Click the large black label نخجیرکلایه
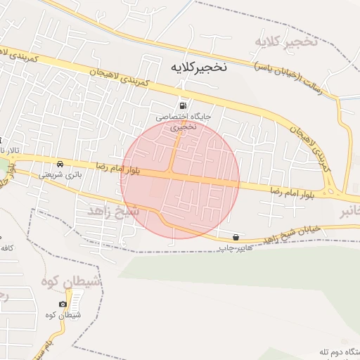pyautogui.click(x=199, y=67)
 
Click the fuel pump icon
pyautogui.click(x=184, y=105)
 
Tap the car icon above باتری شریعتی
pyautogui.click(x=60, y=164)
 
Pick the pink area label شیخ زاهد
pyautogui.click(x=112, y=211)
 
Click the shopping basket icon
pyautogui.click(x=236, y=237)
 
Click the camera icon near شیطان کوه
pyautogui.click(x=63, y=304)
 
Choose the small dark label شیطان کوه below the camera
pyautogui.click(x=67, y=315)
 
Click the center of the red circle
pyautogui.click(x=180, y=180)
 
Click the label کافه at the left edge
pyautogui.click(x=7, y=248)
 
